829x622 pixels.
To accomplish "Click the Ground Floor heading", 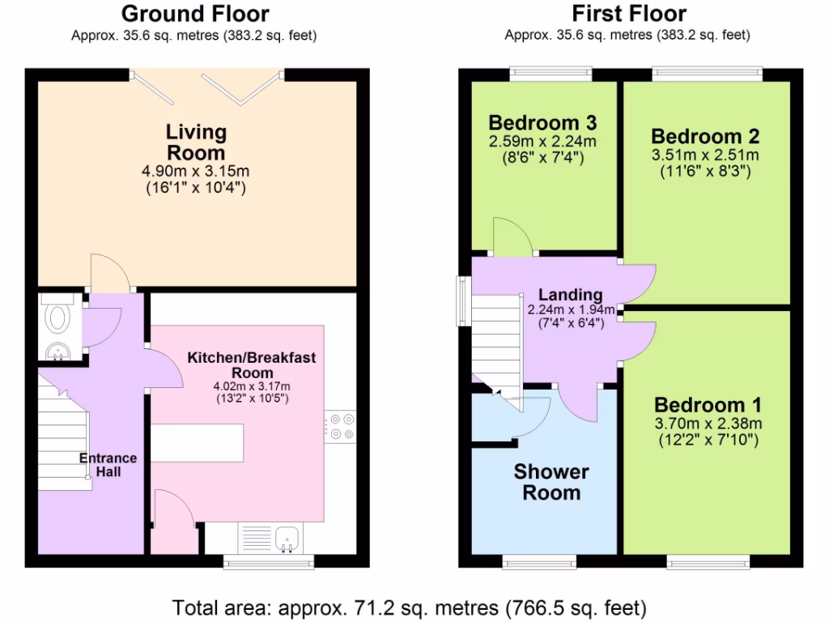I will click(x=194, y=14).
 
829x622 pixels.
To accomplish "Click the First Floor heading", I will click(x=628, y=14).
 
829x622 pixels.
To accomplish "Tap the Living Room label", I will click(x=196, y=142).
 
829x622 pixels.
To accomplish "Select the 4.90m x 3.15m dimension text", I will click(x=196, y=172).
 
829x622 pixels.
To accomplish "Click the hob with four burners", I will click(x=341, y=428).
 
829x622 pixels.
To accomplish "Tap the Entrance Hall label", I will click(x=108, y=464).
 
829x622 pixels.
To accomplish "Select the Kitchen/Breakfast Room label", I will click(x=252, y=364).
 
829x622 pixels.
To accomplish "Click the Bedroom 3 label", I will click(x=542, y=123).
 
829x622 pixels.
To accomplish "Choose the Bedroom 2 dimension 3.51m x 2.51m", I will click(x=706, y=155).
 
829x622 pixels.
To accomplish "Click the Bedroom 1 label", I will click(x=707, y=405).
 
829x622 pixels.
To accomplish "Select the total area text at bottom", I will click(x=409, y=607).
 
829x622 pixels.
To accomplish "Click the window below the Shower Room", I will click(x=539, y=560).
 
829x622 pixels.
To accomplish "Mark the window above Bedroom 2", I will click(x=708, y=74).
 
